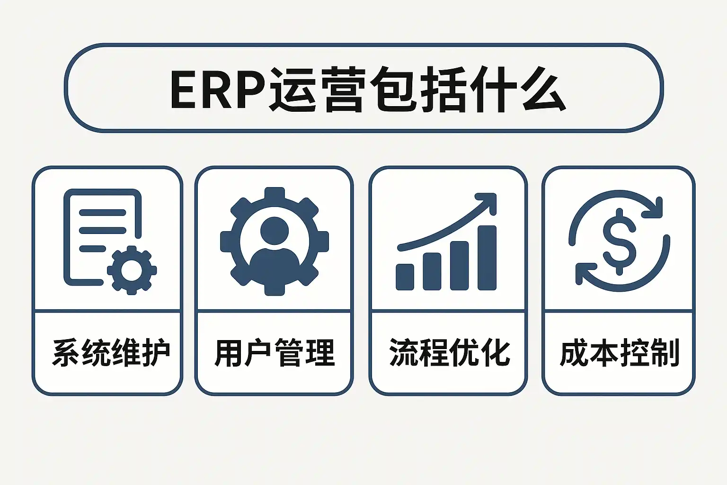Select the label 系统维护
(111, 352)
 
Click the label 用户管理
(275, 352)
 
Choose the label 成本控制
(620, 352)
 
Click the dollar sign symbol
(620, 241)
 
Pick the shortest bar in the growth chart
(405, 277)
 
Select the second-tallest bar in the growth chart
(459, 265)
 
